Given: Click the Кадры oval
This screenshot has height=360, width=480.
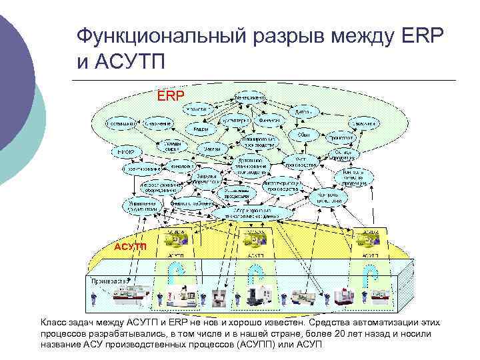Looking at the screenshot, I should coord(199,129).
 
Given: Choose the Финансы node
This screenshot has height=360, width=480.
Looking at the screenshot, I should coord(269,121).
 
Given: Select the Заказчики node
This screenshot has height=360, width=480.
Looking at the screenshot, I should coord(367,124).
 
